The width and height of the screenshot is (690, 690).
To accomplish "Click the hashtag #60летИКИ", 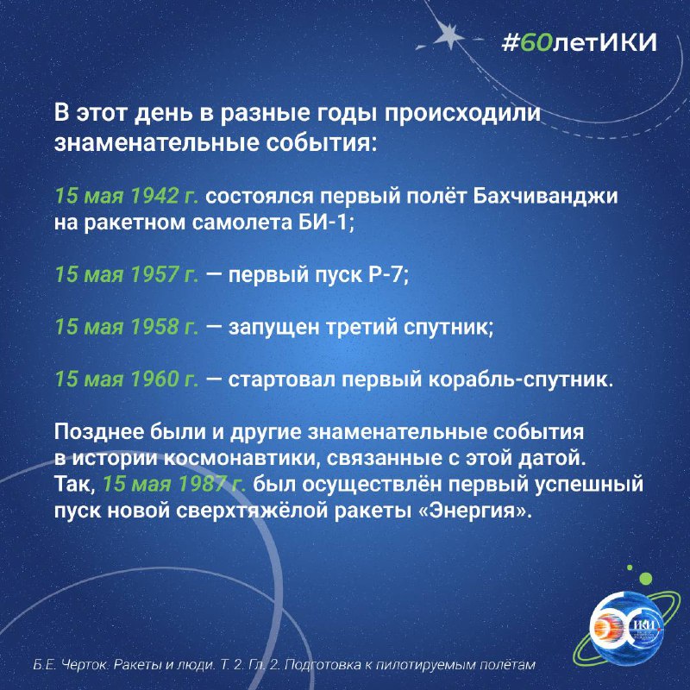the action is (x=579, y=43).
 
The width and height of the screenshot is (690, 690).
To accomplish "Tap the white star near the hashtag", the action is (x=448, y=34).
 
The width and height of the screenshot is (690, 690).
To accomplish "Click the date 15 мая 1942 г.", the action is (x=127, y=197).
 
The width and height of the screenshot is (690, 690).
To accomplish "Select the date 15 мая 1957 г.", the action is (x=127, y=274).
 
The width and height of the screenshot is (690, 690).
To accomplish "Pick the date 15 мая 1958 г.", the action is (x=127, y=327).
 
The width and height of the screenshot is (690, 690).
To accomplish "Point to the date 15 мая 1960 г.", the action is (x=127, y=379).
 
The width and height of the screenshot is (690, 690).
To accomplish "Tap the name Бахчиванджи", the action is (x=545, y=197).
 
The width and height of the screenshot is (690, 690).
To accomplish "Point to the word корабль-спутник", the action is (x=521, y=379).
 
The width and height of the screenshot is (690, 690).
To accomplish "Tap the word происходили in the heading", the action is (x=462, y=114).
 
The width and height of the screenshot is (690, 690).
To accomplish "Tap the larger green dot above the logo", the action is (x=645, y=578).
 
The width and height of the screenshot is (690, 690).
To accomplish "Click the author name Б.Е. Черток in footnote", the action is (x=71, y=664).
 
